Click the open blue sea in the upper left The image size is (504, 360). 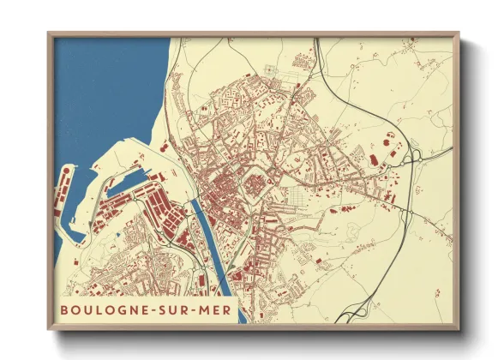click(103, 86)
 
